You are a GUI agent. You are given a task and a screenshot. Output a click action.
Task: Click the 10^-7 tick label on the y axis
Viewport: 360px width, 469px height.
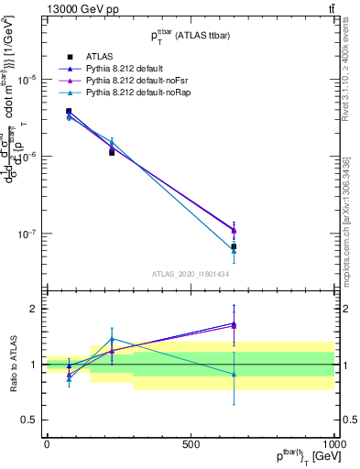(27, 234)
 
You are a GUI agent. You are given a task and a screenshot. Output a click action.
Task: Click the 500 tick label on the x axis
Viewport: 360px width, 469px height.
(191, 443)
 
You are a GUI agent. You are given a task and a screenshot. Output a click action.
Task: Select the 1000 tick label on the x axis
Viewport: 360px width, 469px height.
(334, 443)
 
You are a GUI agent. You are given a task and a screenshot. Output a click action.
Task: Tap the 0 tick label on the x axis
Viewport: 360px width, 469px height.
(47, 443)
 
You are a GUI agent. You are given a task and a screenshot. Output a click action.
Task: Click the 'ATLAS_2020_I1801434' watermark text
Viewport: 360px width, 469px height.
(191, 274)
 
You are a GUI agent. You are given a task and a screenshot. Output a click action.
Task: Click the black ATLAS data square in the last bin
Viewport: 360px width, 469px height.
(234, 246)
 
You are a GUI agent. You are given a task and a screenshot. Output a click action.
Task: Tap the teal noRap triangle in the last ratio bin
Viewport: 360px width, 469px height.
(234, 374)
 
